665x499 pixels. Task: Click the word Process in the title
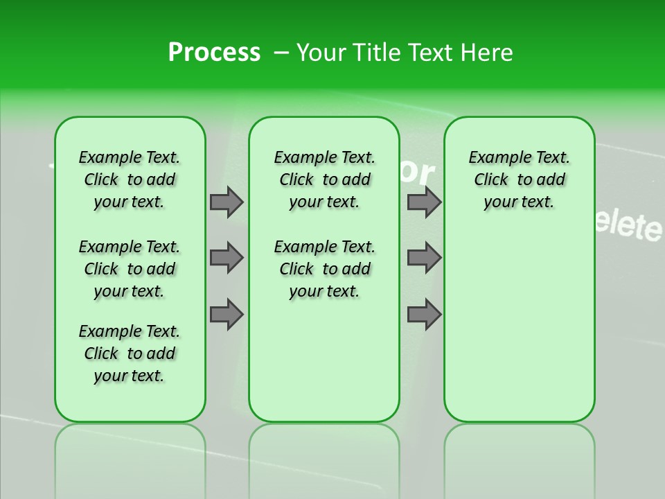point(214,53)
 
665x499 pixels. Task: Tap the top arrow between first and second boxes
point(227,202)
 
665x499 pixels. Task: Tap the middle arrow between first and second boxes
point(227,258)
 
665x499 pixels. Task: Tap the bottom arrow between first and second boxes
point(227,315)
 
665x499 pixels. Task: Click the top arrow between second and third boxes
point(424,202)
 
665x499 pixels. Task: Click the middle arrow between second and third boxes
point(424,258)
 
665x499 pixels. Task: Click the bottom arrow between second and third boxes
point(424,315)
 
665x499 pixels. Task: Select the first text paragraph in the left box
point(130,180)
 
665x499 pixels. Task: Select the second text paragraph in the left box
point(130,269)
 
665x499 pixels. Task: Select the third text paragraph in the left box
point(130,353)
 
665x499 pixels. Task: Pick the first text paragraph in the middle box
point(324,180)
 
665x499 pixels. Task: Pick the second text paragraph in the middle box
point(324,269)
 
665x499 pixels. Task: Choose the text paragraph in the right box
point(519,180)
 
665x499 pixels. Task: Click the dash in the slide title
point(281,53)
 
